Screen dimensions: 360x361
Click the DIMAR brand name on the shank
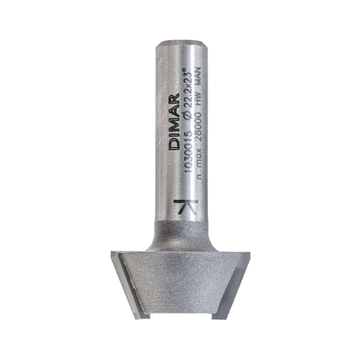click(x=174, y=121)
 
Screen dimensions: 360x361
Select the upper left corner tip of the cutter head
click(x=111, y=252)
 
